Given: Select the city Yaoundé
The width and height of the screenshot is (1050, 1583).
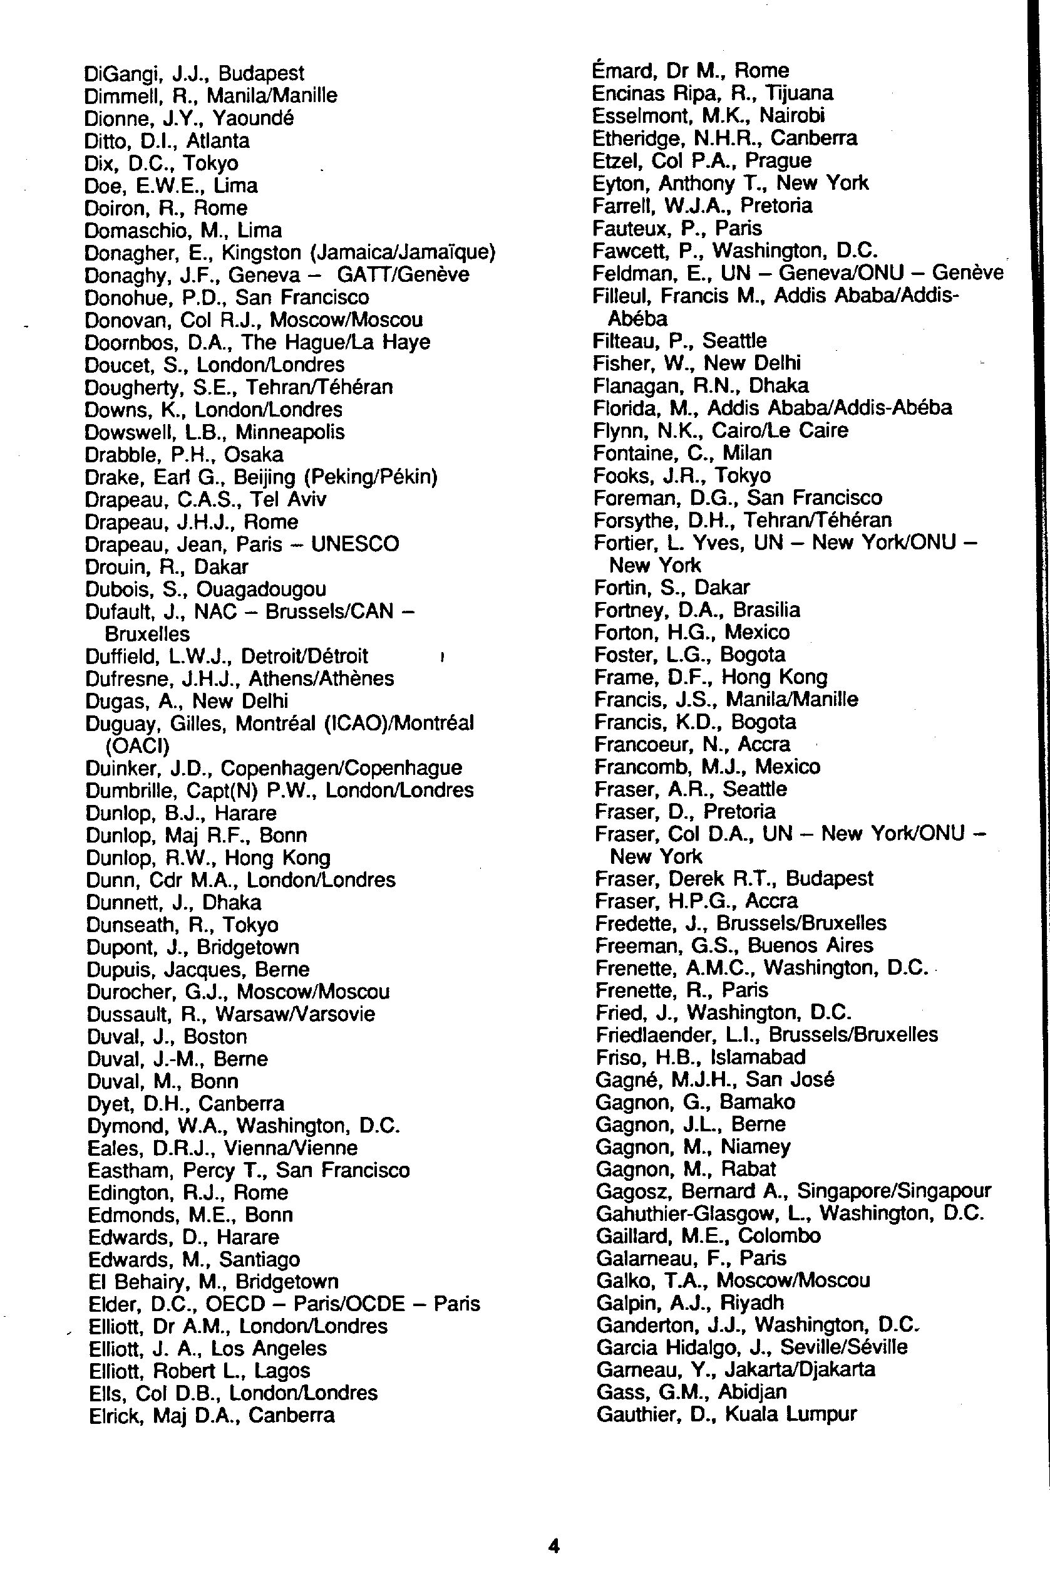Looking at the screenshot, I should point(253,118).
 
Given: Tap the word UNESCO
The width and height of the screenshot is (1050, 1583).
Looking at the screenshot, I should point(355,544).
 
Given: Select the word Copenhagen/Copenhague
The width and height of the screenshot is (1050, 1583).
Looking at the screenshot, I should point(341,768).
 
